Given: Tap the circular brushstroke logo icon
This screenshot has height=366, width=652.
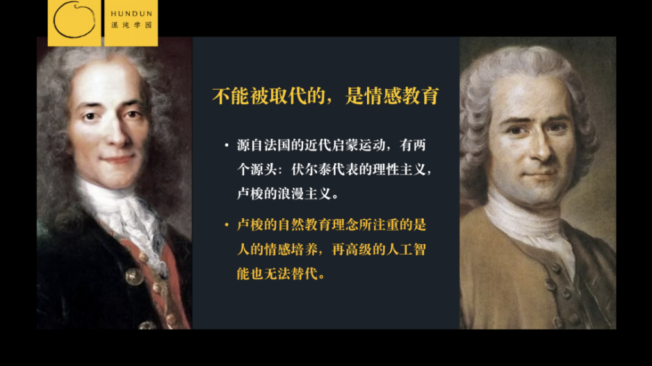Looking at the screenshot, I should point(74,20).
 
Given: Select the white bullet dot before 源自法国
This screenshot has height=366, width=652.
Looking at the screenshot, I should point(226,145).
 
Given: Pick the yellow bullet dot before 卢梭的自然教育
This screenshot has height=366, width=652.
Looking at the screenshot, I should point(226,225).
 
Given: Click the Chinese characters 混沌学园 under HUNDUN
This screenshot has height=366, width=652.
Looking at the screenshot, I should point(130,25).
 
